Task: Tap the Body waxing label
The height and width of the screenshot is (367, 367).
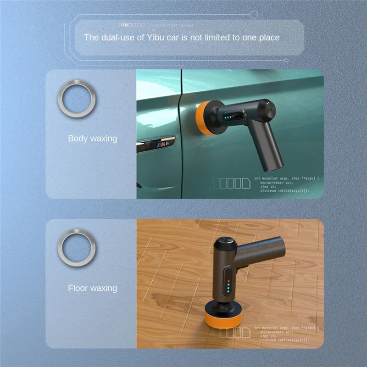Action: (92, 138)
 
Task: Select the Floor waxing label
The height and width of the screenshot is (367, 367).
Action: (92, 288)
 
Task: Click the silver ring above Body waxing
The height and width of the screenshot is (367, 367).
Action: (77, 98)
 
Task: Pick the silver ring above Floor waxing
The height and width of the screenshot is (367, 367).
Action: (77, 248)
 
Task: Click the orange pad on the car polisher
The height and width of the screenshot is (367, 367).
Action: (201, 118)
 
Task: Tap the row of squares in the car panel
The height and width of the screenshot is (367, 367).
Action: (232, 183)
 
